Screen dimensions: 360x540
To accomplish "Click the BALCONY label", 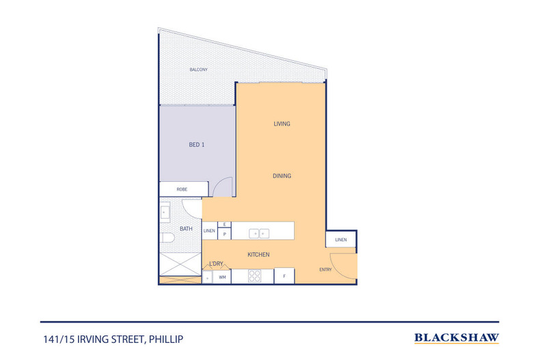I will [x=198, y=70].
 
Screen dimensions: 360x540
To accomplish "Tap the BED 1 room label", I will [x=197, y=144].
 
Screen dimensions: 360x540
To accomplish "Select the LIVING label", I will [x=282, y=124].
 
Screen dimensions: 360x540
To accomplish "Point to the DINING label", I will [x=282, y=176].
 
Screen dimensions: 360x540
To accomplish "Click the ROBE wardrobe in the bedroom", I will [x=183, y=189].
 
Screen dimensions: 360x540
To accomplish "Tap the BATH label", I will [x=186, y=229].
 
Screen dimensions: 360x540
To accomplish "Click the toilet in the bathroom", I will [x=167, y=239].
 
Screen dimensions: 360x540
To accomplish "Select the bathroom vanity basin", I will [x=165, y=212].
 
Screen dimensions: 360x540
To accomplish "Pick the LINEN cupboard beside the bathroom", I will [x=209, y=231].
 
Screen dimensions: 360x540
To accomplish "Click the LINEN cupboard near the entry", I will [x=341, y=239].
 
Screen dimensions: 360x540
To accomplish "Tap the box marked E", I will [x=224, y=224].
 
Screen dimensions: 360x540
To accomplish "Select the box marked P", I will [x=224, y=234].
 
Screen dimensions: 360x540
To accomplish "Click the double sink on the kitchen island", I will [x=259, y=233].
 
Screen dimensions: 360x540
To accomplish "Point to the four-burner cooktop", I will [x=254, y=277].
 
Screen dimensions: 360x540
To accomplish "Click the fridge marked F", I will [x=284, y=277].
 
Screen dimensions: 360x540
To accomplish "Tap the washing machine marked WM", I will [x=222, y=277].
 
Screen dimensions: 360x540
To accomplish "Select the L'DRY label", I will [x=216, y=264].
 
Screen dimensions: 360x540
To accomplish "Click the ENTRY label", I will [x=325, y=270].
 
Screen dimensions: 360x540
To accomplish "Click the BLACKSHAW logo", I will [x=457, y=337].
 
